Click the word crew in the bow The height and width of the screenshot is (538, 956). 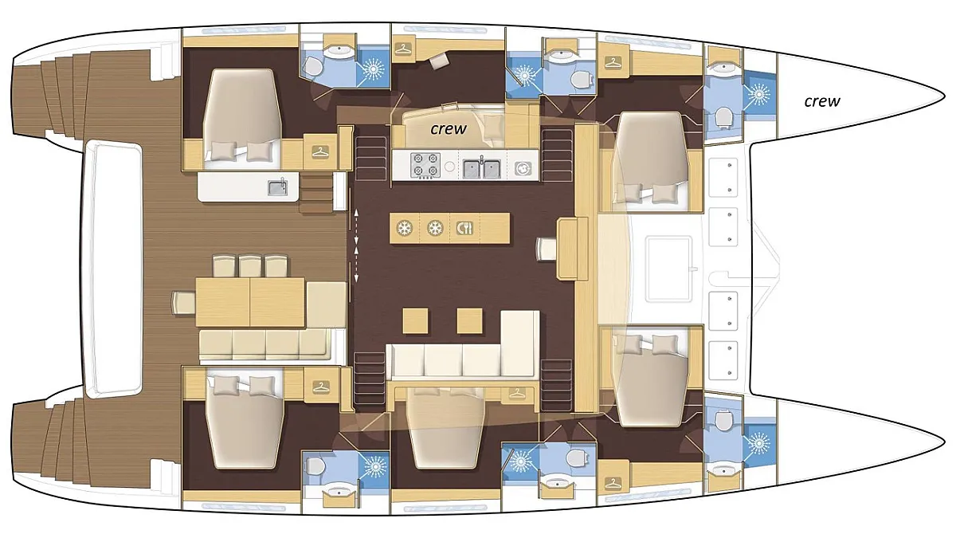coord(822,101)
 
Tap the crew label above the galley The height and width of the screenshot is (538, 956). coord(449,128)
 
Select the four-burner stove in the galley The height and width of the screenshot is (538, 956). coord(425,165)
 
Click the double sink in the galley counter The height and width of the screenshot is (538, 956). coord(482,168)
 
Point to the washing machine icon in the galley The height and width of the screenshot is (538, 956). coord(523,169)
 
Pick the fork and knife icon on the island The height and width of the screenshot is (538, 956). coord(464,229)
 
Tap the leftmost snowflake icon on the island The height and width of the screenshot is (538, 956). coord(404,229)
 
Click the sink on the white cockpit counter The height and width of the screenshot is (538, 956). coord(278,187)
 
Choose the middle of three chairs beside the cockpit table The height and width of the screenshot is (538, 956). coord(250,266)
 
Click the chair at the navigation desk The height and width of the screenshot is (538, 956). coord(547,249)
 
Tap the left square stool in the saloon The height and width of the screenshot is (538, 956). coord(416,320)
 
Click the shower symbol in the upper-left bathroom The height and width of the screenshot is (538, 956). coord(373,68)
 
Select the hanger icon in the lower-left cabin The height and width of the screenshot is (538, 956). coord(320,387)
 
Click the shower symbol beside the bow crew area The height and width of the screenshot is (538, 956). coord(759,94)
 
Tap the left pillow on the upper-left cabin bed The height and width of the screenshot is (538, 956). coord(223,150)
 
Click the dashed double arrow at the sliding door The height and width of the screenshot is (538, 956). coord(356,245)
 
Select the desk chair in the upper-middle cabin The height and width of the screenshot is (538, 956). coord(439,61)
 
